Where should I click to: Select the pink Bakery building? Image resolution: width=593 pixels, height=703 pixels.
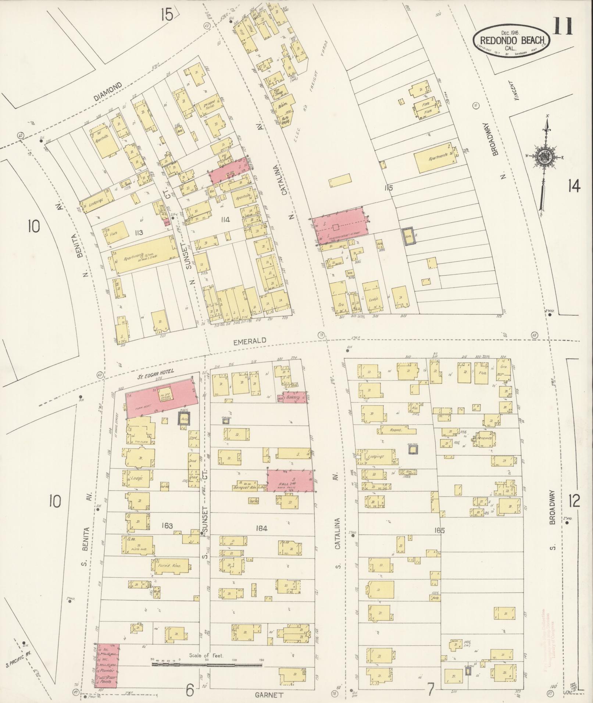pos(294,398)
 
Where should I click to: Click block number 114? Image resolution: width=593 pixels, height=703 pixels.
pos(225,220)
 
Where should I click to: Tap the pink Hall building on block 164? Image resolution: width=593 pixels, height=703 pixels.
pos(290,480)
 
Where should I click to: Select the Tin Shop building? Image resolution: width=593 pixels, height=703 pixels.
pos(279,93)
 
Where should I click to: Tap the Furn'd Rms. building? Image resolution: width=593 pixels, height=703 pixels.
pos(171,567)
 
